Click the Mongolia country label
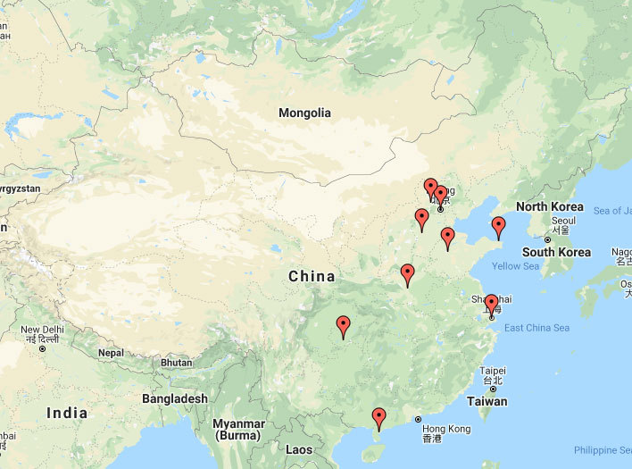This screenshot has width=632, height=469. tap(304, 113)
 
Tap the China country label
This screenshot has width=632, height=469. tap(312, 277)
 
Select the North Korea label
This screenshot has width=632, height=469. tap(550, 207)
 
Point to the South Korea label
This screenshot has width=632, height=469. tap(556, 253)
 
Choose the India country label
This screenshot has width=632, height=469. tap(67, 413)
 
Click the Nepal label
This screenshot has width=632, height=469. tap(111, 353)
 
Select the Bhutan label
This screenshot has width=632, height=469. tap(176, 363)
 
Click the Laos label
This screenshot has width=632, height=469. tap(299, 450)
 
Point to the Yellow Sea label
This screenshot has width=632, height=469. tap(516, 266)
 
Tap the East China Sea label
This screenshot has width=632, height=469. tap(536, 328)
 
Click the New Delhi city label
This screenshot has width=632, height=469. tap(42, 331)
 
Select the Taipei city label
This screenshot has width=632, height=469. tap(493, 371)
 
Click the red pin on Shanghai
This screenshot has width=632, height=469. tap(491, 304)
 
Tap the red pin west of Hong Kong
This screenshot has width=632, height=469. tap(378, 417)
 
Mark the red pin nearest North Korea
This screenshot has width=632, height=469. tap(498, 227)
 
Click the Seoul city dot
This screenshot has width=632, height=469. tap(548, 239)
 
